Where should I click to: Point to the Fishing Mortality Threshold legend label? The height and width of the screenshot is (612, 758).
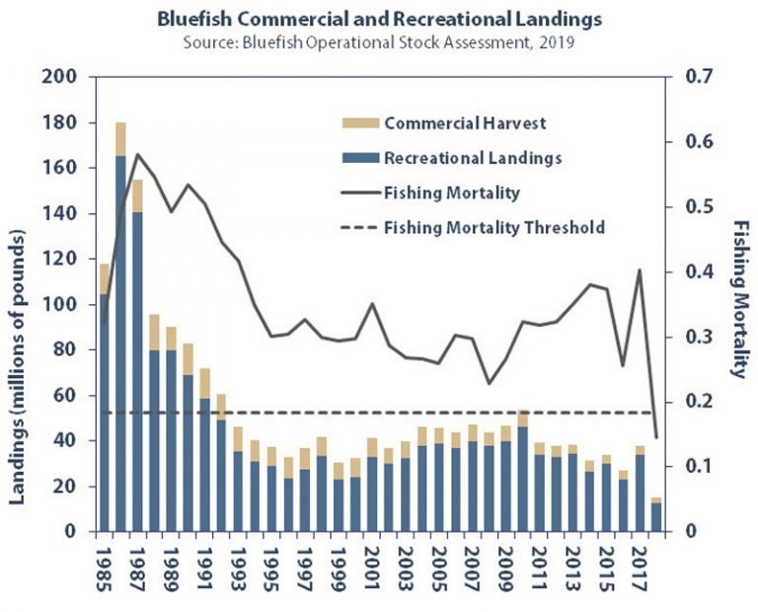[x=494, y=227]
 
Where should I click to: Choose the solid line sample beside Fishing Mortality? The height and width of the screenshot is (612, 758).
[x=358, y=192]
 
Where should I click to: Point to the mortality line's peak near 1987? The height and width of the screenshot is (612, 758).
[x=137, y=155]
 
